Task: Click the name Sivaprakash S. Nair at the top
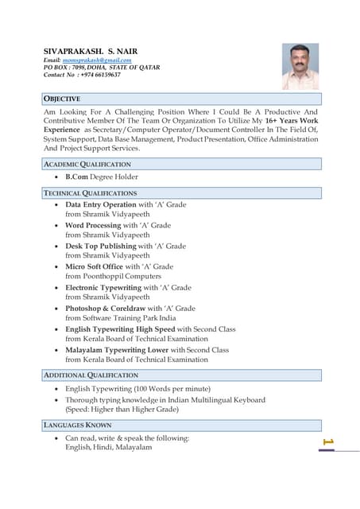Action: (90, 51)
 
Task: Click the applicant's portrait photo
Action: (300, 66)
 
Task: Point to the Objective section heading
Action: (62, 99)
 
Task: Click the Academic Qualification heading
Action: (87, 164)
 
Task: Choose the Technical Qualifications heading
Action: (90, 192)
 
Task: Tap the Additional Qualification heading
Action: (91, 375)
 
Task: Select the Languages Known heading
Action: (77, 425)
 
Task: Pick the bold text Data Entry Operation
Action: (101, 204)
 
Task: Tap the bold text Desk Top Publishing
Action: (100, 246)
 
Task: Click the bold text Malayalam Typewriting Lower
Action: (117, 349)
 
